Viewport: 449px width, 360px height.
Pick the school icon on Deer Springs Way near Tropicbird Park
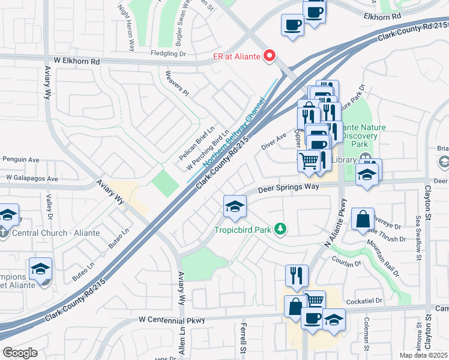click(235, 206)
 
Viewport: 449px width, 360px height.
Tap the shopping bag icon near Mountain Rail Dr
click(364, 220)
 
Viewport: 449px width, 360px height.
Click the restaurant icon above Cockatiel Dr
click(297, 275)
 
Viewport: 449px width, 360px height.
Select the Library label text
click(344, 160)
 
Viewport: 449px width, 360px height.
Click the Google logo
click(20, 352)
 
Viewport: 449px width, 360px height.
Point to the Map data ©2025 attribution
click(424, 355)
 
